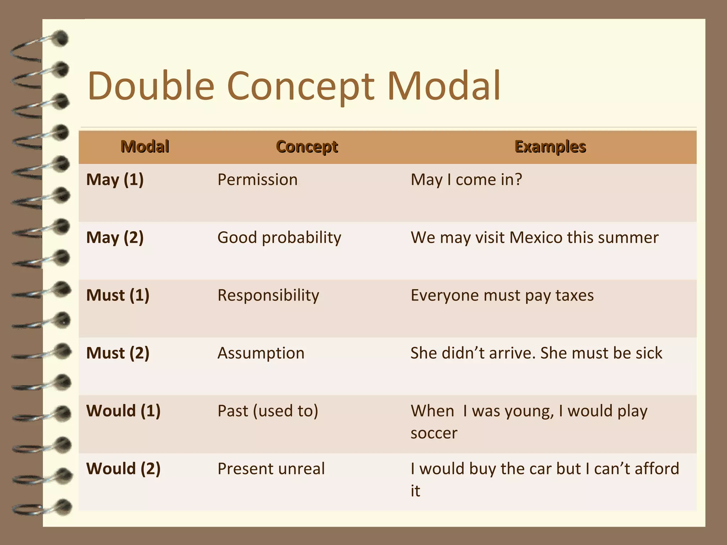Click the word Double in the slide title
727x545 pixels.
[151, 86]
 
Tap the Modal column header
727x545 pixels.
[145, 147]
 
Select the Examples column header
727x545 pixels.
[550, 147]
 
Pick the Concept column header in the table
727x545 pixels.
[307, 147]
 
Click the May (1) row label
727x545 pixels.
[115, 180]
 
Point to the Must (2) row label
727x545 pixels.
[118, 353]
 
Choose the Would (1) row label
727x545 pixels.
[124, 411]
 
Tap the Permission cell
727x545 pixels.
[257, 180]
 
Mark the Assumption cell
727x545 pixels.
[261, 353]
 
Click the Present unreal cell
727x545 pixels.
[271, 469]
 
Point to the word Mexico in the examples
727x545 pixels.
[536, 237]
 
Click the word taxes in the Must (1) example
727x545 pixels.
[574, 295]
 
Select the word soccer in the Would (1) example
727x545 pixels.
[434, 433]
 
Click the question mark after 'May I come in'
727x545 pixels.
[518, 180]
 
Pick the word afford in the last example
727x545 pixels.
[657, 469]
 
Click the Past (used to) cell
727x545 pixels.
[268, 411]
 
